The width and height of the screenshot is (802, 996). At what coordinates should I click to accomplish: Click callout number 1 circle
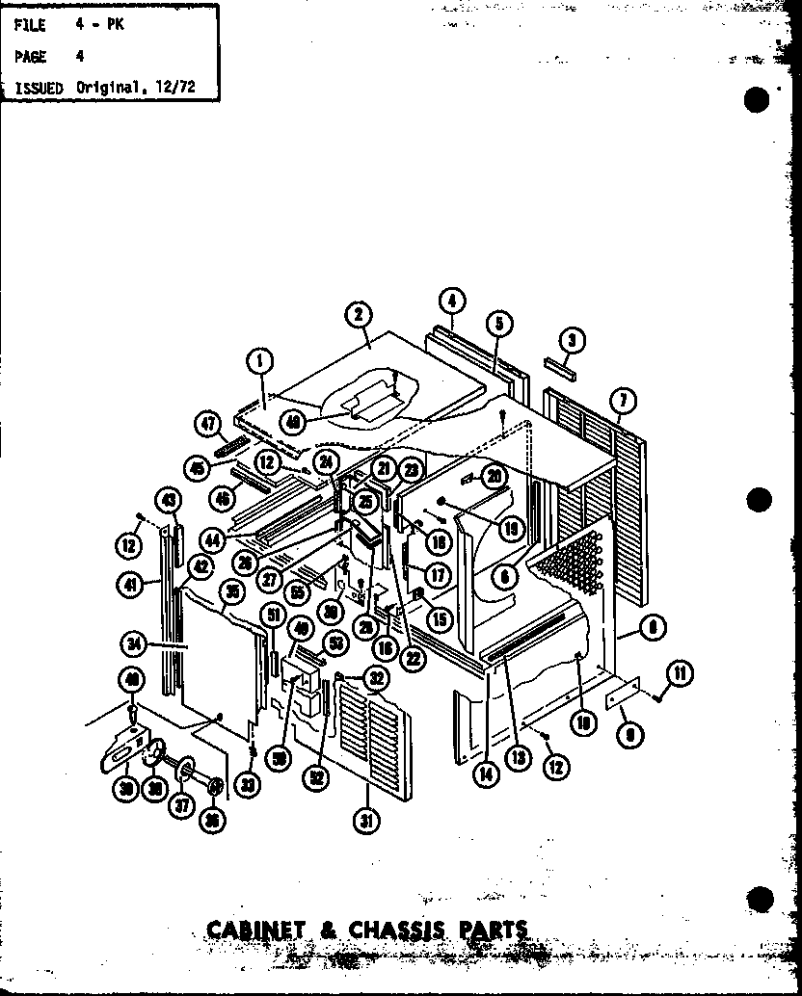coord(258,361)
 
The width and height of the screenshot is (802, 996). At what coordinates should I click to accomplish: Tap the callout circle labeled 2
coord(358,314)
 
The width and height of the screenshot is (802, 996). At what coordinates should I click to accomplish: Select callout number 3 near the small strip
coord(572,339)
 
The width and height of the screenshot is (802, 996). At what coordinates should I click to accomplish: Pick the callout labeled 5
coord(497,325)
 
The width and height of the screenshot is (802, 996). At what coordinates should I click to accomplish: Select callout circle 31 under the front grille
coord(367,821)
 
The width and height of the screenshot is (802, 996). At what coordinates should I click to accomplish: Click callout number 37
coord(180,807)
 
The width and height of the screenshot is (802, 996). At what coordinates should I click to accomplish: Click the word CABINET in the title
coord(254,931)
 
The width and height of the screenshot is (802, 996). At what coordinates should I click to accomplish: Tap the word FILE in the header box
coord(31,26)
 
